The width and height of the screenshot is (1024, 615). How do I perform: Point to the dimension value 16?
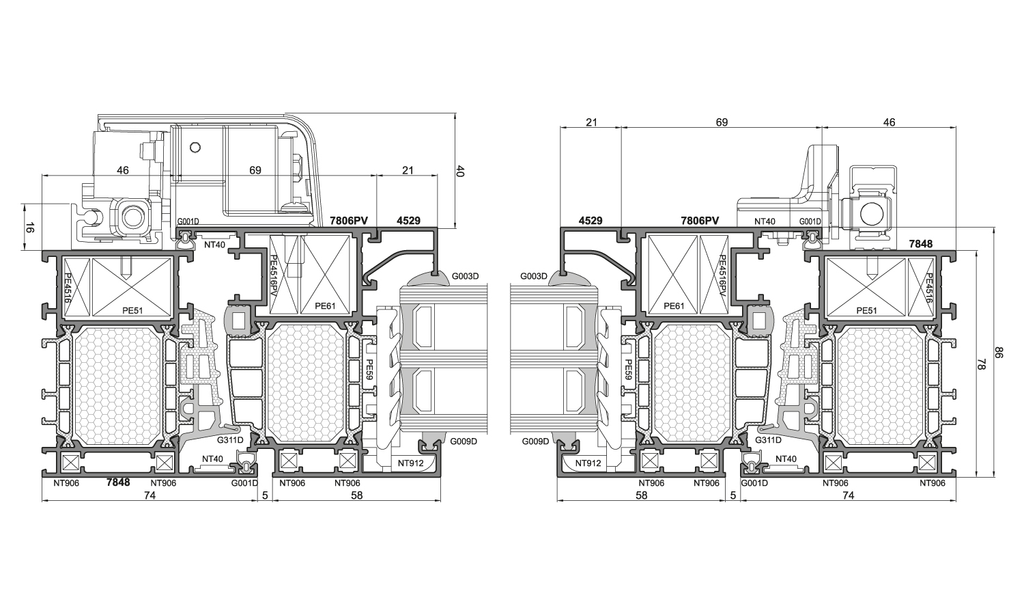point(29,228)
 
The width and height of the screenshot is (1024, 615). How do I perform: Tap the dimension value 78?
point(982,364)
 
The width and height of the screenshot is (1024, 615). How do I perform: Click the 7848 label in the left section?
point(118,482)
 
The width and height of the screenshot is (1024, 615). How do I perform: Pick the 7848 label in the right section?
point(921,244)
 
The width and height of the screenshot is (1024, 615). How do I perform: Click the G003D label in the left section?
point(466,276)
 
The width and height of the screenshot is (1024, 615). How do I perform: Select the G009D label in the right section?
point(535,441)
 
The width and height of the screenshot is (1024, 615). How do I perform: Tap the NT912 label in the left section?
point(410,463)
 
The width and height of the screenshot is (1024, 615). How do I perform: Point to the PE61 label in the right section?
point(674,305)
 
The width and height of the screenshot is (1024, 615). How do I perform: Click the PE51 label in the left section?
point(132,311)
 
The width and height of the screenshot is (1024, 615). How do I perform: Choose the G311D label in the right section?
point(769,440)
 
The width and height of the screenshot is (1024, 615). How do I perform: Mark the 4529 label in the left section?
point(408,221)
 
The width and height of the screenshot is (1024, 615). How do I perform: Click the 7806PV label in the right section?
point(700,221)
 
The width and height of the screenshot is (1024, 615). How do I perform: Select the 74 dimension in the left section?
point(150,495)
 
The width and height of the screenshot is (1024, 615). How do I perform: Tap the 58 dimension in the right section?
point(642,495)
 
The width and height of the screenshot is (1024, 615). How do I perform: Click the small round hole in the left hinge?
point(195,148)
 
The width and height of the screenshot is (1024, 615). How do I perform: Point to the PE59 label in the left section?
point(369,370)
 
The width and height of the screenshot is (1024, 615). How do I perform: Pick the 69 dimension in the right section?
point(722,122)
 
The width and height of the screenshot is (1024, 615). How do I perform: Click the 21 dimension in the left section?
point(408,170)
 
